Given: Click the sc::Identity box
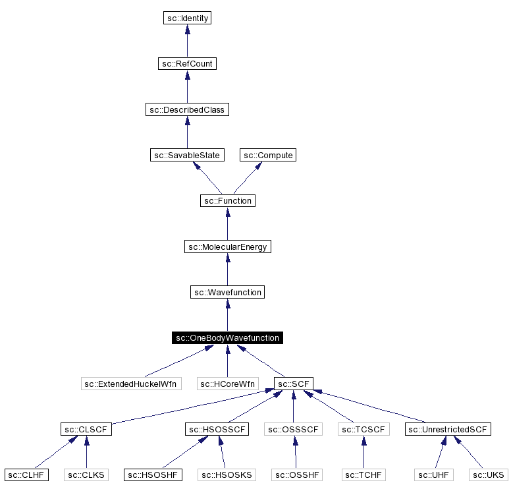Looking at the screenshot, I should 187,18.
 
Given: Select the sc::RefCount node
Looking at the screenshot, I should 187,64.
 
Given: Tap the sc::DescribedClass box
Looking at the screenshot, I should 187,109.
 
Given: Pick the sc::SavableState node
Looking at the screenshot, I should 187,155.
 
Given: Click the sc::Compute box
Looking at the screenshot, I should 268,155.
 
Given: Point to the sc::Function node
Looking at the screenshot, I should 227,200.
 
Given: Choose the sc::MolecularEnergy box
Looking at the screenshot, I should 227,246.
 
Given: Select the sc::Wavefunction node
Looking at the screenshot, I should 227,292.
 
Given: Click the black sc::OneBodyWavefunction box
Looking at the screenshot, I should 227,338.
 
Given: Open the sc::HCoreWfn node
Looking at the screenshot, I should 227,384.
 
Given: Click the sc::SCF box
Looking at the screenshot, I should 294,384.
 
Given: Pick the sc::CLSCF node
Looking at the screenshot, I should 86,430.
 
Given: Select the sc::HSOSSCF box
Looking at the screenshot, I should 216,430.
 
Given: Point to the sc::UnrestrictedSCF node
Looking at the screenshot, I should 449,430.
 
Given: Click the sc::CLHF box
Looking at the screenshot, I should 27,475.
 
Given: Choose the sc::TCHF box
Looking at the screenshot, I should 363,475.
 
